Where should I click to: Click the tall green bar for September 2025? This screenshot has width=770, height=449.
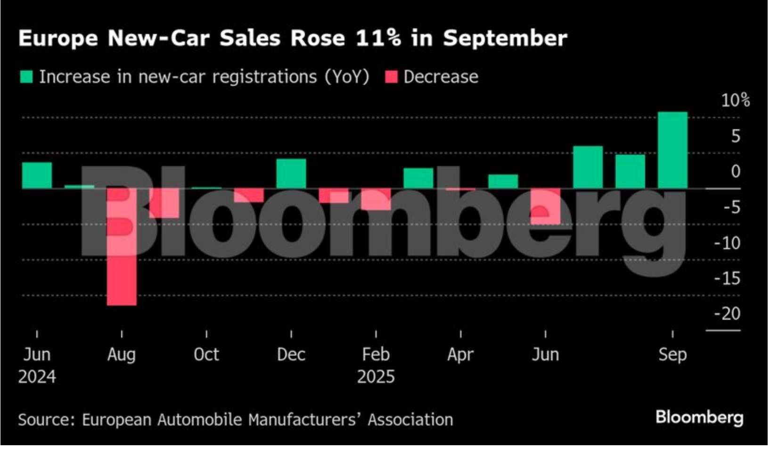tap(672, 150)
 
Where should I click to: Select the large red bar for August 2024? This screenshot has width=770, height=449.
tap(122, 247)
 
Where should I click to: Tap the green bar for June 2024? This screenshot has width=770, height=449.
tap(37, 175)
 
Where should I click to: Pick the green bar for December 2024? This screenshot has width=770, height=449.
tap(291, 174)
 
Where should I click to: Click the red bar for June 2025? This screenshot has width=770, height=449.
tap(545, 206)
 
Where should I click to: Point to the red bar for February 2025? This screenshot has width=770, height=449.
tap(376, 199)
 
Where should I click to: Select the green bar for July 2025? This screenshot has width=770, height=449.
tap(588, 167)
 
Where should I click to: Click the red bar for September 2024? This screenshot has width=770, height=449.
tap(164, 203)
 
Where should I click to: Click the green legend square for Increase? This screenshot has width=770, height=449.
tap(26, 77)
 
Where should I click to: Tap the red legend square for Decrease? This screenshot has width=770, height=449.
tap(391, 77)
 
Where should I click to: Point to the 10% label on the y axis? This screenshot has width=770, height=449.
tap(735, 100)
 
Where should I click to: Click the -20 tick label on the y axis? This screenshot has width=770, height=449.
tap(728, 314)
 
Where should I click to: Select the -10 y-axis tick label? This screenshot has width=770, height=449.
tap(728, 243)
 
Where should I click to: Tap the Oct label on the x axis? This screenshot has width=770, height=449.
tap(206, 354)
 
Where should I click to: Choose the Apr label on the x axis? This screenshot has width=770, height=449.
tap(460, 354)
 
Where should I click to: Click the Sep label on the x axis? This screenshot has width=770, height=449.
tap(672, 354)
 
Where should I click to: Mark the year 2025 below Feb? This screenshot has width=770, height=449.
tap(376, 377)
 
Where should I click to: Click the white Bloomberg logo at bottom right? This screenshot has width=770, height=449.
tap(699, 417)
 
